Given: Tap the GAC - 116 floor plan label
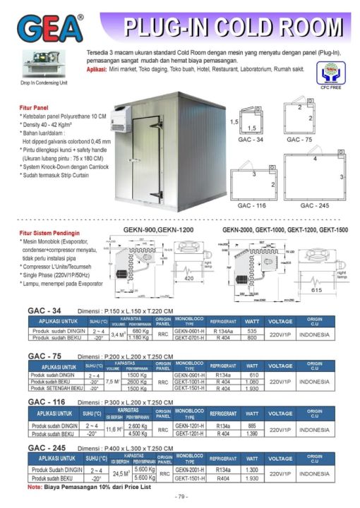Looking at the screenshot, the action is (251, 205).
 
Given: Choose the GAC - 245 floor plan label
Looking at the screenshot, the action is (315, 205).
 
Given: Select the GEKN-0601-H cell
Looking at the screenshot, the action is (189, 330).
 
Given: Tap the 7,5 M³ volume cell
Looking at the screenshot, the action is (112, 382).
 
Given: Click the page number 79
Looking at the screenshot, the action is (181, 497).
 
